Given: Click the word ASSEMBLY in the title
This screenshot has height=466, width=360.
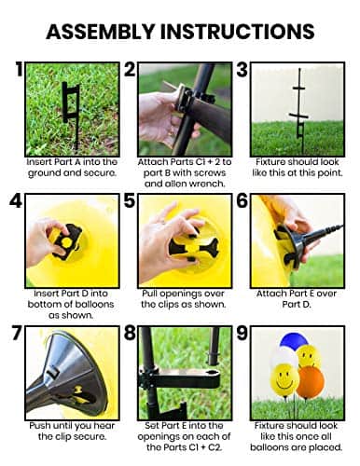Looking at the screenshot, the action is (100, 32).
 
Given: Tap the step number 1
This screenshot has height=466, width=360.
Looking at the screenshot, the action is (20, 69).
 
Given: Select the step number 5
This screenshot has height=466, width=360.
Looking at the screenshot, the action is (130, 200).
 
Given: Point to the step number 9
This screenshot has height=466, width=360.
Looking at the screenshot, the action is (242, 333).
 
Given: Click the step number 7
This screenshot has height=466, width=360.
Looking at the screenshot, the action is (18, 333).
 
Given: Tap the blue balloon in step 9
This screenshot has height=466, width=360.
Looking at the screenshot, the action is (294, 340).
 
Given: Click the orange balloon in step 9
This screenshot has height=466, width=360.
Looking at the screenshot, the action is (310, 383).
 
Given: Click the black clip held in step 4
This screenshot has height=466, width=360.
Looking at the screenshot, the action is (67, 241).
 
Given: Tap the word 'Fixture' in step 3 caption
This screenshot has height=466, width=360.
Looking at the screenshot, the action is (270, 162).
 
